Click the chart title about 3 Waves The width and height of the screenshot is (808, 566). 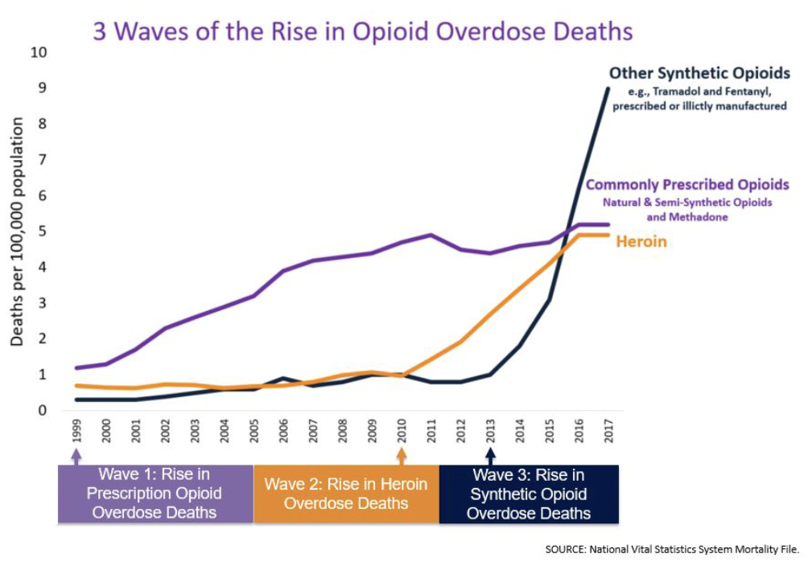[x=363, y=31]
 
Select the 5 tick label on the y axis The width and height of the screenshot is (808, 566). [x=42, y=232]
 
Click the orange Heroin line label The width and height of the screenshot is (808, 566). [x=641, y=240]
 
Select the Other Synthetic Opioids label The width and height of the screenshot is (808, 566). [x=699, y=73]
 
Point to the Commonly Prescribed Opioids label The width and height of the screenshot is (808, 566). [x=687, y=185]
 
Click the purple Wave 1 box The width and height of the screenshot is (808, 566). [x=155, y=493]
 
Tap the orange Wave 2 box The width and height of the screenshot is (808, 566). [x=346, y=494]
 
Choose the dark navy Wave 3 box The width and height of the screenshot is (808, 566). [x=529, y=493]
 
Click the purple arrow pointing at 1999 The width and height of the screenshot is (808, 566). [x=77, y=457]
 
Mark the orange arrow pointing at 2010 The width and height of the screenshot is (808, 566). [x=402, y=457]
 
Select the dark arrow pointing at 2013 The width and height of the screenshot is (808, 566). [x=490, y=457]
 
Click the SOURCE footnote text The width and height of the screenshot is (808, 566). [x=671, y=550]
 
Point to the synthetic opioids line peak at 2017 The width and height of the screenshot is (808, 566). [x=608, y=88]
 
